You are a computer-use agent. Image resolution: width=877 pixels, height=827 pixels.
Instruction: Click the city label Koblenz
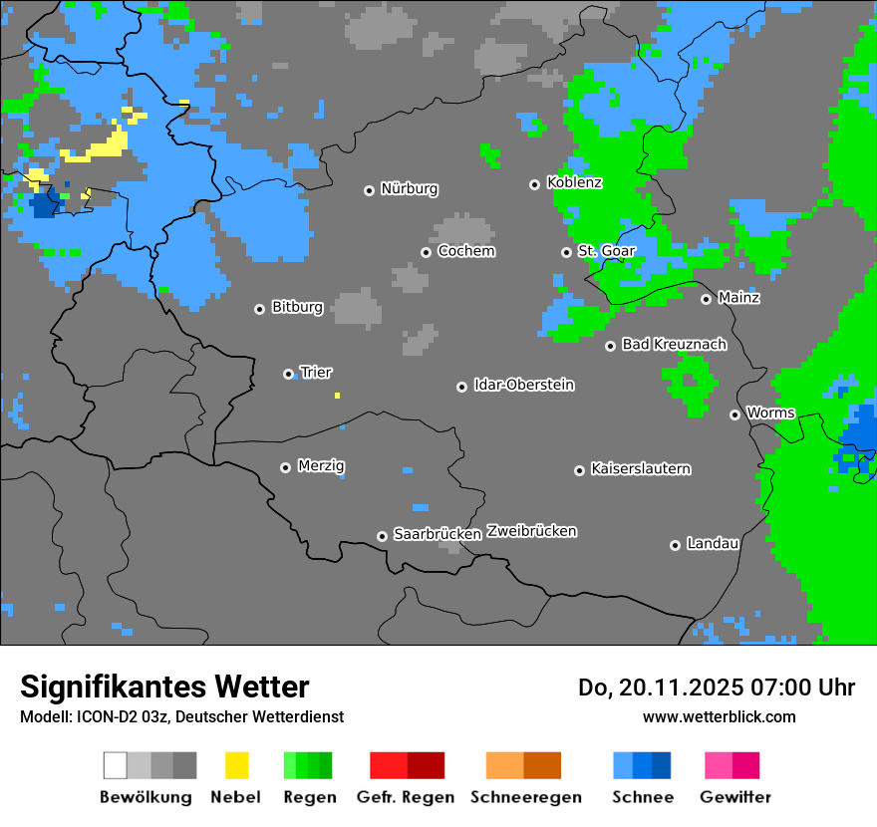(574, 183)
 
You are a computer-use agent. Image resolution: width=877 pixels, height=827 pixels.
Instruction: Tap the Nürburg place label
(409, 188)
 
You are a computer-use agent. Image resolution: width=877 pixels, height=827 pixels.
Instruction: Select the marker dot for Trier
(289, 374)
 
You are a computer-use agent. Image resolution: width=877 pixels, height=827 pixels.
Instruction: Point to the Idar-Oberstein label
(523, 385)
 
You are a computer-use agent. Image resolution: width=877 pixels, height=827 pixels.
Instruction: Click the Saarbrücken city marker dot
(382, 536)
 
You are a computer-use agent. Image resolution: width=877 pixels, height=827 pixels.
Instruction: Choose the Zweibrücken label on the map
(531, 531)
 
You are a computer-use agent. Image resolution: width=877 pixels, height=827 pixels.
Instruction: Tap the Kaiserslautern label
(640, 468)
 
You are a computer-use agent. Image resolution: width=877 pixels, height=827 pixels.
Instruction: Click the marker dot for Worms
(735, 414)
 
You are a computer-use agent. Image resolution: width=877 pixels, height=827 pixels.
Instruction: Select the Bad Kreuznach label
(674, 344)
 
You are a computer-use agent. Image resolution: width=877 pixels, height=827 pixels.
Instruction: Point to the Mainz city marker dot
(707, 299)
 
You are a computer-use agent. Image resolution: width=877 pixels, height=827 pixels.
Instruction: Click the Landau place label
(713, 543)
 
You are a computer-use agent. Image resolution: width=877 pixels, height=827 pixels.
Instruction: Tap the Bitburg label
(297, 307)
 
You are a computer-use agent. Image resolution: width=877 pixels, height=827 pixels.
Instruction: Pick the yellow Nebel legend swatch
(237, 765)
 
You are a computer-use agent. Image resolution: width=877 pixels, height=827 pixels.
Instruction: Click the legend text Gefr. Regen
(405, 797)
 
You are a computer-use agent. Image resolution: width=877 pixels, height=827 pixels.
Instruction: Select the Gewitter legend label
(735, 797)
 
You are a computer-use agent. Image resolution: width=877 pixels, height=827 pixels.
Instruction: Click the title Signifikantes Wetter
(164, 687)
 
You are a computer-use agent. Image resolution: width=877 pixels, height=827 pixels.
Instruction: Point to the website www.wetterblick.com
(719, 716)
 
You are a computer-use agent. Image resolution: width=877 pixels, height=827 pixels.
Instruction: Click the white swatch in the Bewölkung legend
(116, 765)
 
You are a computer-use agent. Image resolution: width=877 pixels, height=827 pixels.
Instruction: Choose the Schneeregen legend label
(525, 797)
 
